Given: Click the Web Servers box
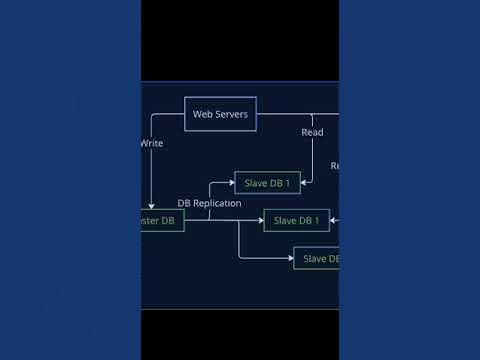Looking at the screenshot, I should point(220,114).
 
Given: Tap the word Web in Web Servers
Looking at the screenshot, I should point(202,115).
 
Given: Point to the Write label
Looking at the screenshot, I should point(152,143).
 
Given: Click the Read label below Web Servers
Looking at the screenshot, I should point(312,132).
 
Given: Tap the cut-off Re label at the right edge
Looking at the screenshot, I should point(335,166).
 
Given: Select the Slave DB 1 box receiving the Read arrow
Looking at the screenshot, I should point(268,183).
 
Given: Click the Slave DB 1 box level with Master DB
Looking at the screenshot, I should point(296,220).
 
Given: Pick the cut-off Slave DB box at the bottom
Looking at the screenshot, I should point(317,258).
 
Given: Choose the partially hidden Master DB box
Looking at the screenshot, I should point(162,220).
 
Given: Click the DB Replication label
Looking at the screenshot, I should point(209,203).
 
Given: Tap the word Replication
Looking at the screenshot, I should point(218,203).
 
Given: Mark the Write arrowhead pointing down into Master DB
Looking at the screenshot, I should point(152,205).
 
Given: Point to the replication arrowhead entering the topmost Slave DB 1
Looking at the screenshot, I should point(231,183).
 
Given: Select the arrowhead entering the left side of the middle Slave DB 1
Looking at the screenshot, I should point(260,220).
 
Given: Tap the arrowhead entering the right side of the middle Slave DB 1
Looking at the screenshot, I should point(333,220).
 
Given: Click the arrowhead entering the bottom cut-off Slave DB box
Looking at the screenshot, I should point(290,258).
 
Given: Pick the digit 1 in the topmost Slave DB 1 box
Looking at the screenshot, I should point(287,183).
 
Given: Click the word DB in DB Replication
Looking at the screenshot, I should point(185,203).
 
